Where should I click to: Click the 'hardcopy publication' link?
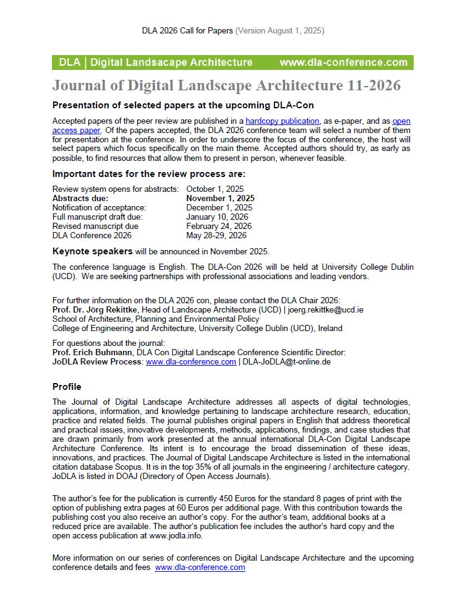coord(282,121)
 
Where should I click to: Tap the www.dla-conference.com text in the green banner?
coord(343,63)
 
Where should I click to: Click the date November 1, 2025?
coord(220,198)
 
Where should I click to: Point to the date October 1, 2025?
coord(215,189)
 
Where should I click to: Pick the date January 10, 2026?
coord(217,217)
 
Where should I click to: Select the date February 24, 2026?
coord(219,226)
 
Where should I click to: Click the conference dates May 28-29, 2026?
coord(216,235)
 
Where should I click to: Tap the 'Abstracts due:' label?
coord(80,198)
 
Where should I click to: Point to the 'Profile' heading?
coord(67,387)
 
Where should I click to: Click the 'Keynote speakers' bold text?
coord(92,251)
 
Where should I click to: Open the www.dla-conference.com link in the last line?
coord(200,567)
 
